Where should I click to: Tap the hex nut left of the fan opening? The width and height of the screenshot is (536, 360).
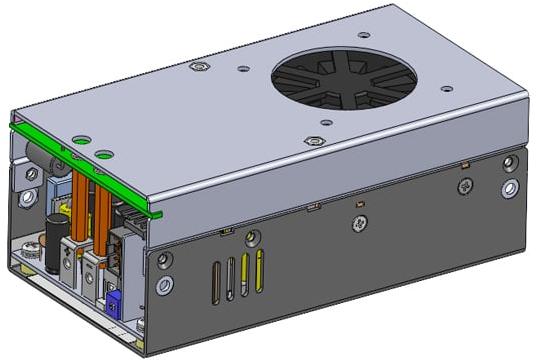197,68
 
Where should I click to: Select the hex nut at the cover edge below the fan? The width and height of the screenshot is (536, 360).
316,141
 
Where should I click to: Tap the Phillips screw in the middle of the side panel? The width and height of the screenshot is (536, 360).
358,223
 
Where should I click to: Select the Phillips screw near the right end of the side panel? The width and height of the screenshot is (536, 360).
464,186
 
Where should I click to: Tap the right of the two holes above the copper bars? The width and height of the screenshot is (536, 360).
103,155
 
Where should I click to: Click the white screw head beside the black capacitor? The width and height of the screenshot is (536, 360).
33,244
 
